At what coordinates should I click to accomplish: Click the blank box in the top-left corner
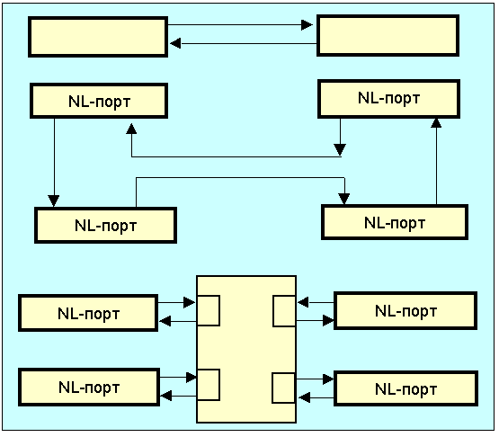(98, 37)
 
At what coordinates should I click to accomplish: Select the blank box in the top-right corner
(388, 35)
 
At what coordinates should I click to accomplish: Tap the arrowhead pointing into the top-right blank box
(307, 25)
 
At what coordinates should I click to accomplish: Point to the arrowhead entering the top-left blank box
(175, 43)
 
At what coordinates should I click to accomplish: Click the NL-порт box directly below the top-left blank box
(99, 101)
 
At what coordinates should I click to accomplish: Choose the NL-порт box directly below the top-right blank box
(389, 99)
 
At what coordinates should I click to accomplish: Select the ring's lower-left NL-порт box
(106, 226)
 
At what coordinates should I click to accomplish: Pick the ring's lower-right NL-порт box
(395, 222)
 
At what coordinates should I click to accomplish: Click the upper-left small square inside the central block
(209, 310)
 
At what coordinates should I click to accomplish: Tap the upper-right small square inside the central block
(284, 311)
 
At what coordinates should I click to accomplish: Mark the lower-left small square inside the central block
(209, 385)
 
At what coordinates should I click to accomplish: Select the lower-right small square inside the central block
(283, 388)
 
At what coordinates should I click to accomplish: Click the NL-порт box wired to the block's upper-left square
(88, 313)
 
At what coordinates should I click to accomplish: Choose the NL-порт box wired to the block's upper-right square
(405, 310)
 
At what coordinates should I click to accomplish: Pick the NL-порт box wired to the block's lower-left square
(89, 387)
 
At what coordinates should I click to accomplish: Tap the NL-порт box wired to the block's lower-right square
(405, 388)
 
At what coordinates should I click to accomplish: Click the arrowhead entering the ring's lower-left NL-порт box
(53, 201)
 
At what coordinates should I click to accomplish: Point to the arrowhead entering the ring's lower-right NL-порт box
(344, 199)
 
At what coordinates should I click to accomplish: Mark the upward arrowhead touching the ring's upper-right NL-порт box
(436, 123)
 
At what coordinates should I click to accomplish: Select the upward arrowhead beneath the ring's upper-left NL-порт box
(131, 129)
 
